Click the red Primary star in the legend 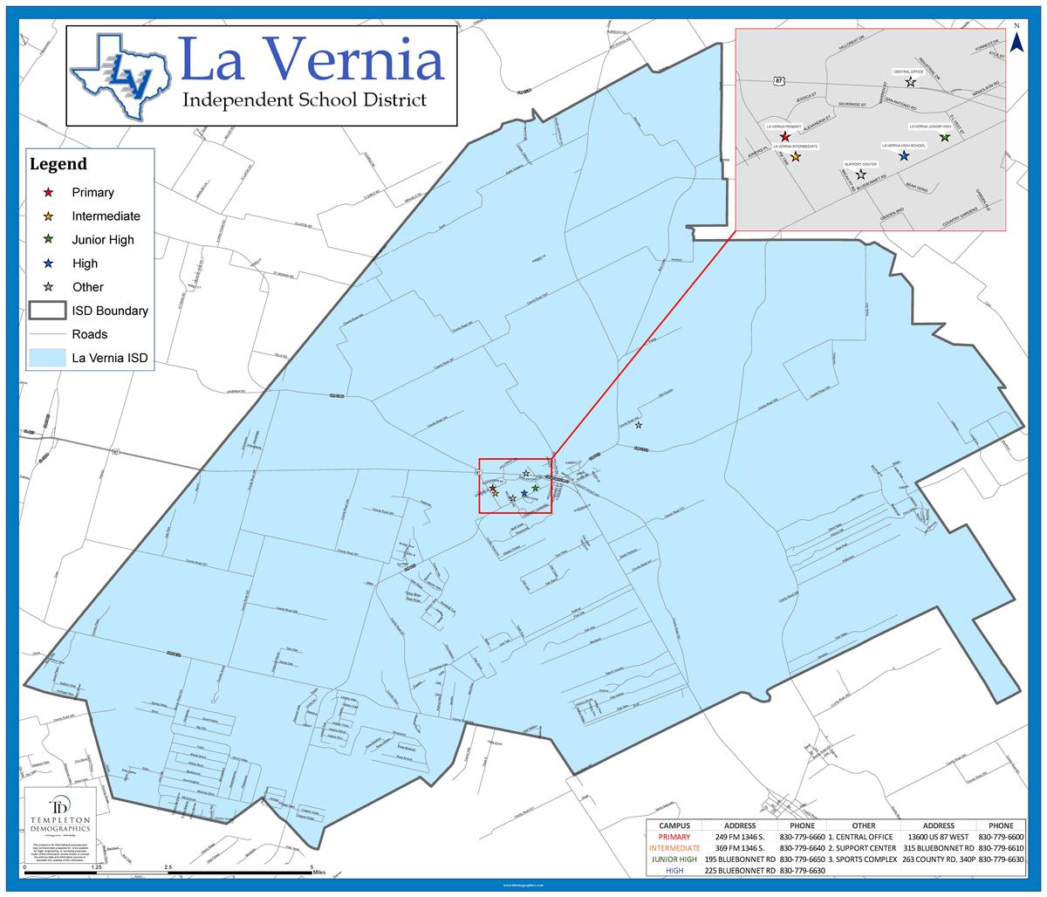coord(49,192)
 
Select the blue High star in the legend coord(49,263)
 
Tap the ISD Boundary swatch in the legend coord(48,311)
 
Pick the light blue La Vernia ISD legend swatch coord(48,358)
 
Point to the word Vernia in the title coord(365,62)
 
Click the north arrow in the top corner coord(1016,40)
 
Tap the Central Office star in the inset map coord(911,82)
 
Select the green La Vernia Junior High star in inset coord(945,137)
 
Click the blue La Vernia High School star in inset coord(904,155)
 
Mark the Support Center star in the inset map coord(861,175)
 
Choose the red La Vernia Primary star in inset coord(785,137)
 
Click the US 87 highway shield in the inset coord(779,81)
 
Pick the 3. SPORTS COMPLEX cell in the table coord(863,859)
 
